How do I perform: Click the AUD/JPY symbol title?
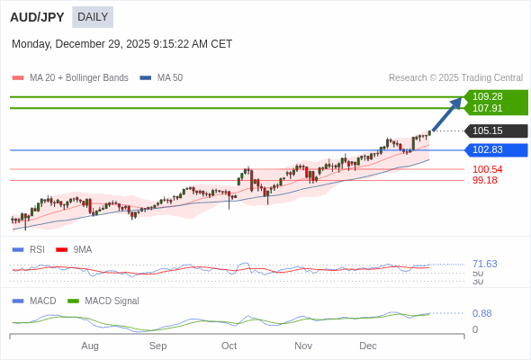coord(38,17)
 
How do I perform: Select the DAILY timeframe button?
coord(93,17)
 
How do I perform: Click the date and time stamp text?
coord(121,44)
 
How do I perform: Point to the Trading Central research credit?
coord(455,78)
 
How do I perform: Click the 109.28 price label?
coord(488,96)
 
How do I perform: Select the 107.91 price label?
coord(488,108)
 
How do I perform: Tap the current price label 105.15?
coord(488,130)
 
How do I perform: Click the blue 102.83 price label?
coord(488,149)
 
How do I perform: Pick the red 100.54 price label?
coord(487,169)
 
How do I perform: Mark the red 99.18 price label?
coord(484,180)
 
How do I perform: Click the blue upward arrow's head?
coord(457,102)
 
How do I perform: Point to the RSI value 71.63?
coord(484,264)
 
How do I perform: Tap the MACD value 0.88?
coord(481,313)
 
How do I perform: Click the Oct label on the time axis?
coord(229,346)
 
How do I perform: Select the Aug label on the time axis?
coord(90,346)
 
